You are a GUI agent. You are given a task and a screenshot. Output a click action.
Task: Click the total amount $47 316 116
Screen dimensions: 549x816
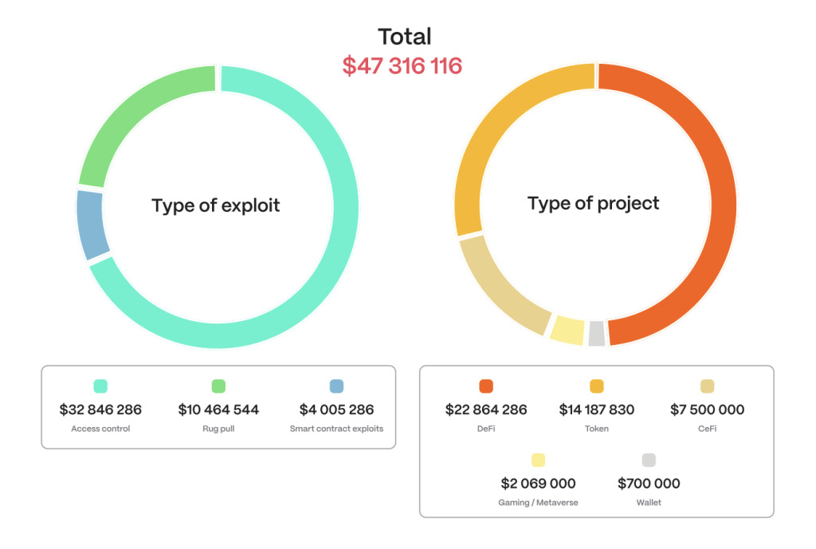point(402,65)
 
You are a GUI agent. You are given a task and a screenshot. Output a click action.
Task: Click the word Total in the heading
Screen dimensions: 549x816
point(404,37)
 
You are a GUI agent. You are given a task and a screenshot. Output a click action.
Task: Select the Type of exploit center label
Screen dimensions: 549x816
point(216,206)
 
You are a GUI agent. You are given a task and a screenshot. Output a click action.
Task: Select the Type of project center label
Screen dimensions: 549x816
point(594,203)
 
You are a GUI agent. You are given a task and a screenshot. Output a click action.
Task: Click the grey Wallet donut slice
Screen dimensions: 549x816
point(596,333)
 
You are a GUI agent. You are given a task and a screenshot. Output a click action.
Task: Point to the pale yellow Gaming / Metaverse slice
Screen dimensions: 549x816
point(567,329)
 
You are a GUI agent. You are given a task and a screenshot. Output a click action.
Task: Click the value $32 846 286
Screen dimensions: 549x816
point(100,410)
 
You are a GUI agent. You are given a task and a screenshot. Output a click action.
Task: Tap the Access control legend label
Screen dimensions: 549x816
point(100,429)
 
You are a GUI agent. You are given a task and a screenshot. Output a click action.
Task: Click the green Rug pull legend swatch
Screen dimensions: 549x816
point(218,386)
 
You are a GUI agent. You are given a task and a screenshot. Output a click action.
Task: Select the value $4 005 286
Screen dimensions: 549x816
point(336,410)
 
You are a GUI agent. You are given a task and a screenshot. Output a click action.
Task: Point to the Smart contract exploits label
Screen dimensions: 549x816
point(336,429)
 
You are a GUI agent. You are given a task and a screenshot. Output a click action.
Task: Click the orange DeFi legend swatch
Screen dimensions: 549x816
point(486,386)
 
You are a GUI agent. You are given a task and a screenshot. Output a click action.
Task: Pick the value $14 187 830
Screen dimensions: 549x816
point(597,410)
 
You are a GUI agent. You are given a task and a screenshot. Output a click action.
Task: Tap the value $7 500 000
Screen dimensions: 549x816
point(707,410)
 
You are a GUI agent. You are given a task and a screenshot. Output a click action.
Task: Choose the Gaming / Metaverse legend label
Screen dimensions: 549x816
point(538,503)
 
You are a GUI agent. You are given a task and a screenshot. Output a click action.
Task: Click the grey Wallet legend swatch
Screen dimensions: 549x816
point(649,460)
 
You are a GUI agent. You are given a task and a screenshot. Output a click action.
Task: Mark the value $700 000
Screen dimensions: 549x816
point(649,484)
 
